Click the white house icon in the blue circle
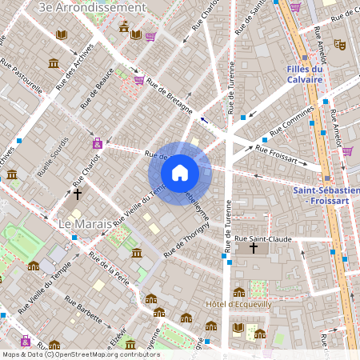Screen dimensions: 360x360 point(179,173)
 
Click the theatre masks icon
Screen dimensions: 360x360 point(339,45)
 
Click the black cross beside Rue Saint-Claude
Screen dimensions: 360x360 point(254,249)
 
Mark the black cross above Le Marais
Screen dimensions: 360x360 point(78,194)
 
